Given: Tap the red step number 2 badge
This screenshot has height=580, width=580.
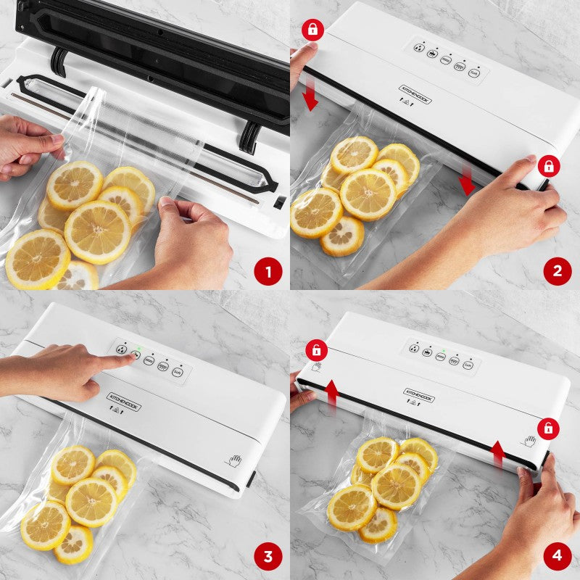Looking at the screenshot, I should pyautogui.click(x=558, y=273).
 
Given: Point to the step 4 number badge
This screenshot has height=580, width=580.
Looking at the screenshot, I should pyautogui.click(x=558, y=557).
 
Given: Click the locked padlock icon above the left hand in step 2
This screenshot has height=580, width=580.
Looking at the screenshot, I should pyautogui.click(x=312, y=30).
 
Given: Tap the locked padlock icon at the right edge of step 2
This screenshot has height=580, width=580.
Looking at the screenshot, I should pyautogui.click(x=549, y=166).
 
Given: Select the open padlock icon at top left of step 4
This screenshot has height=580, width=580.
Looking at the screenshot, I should pyautogui.click(x=316, y=351).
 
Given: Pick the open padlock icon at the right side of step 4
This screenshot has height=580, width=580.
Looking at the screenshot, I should pyautogui.click(x=548, y=428).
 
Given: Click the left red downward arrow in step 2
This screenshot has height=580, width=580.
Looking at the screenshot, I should pyautogui.click(x=310, y=98).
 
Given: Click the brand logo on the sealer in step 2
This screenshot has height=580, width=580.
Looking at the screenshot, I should pyautogui.click(x=415, y=95).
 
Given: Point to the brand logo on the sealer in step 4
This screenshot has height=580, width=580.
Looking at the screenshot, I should pyautogui.click(x=420, y=395).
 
